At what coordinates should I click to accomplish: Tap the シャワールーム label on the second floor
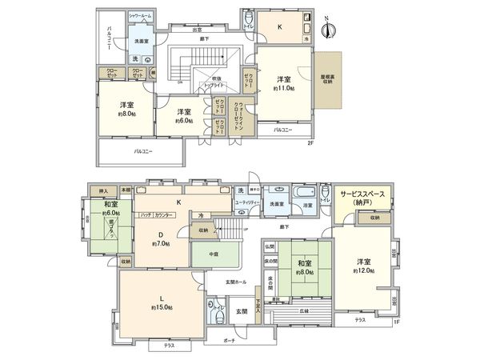click(x=143, y=16)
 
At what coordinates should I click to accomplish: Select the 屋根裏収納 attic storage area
click(x=329, y=81)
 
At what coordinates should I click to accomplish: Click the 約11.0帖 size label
click(x=282, y=88)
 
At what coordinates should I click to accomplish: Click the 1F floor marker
click(x=395, y=322)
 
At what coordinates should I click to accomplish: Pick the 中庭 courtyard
click(x=214, y=256)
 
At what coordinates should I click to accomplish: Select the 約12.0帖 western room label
click(x=364, y=270)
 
